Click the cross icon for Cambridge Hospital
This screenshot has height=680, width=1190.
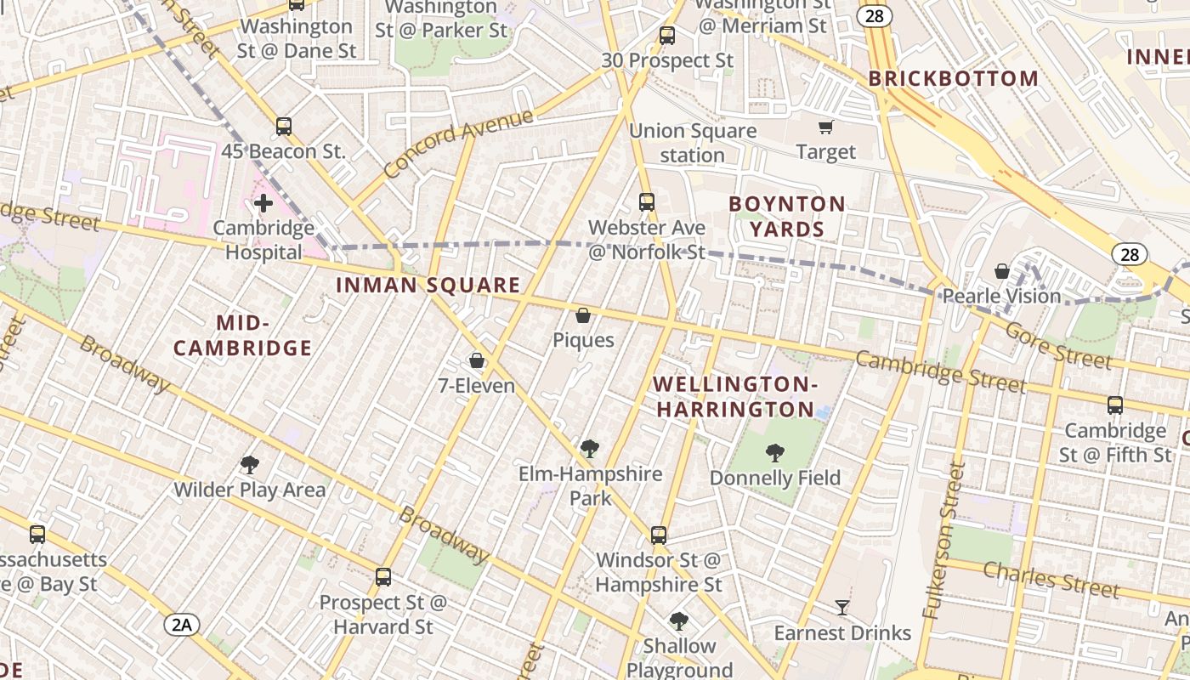[263, 203]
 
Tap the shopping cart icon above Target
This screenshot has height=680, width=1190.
[825, 127]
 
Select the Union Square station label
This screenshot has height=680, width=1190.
[692, 143]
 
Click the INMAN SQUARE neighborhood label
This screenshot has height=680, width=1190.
[428, 286]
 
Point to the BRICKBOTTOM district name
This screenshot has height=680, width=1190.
[953, 79]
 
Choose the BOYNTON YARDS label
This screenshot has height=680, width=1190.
[787, 217]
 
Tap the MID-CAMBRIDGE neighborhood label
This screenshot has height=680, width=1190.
[243, 336]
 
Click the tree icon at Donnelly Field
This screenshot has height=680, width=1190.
[774, 453]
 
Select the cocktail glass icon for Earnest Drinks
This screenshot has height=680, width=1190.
[842, 608]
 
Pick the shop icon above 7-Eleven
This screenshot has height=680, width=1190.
[477, 361]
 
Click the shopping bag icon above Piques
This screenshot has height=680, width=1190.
[583, 316]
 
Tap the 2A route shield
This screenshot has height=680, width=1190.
[182, 626]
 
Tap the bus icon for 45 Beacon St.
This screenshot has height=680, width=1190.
[284, 127]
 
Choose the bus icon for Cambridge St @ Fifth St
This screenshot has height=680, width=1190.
[1115, 405]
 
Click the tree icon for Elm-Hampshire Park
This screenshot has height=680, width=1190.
[589, 449]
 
